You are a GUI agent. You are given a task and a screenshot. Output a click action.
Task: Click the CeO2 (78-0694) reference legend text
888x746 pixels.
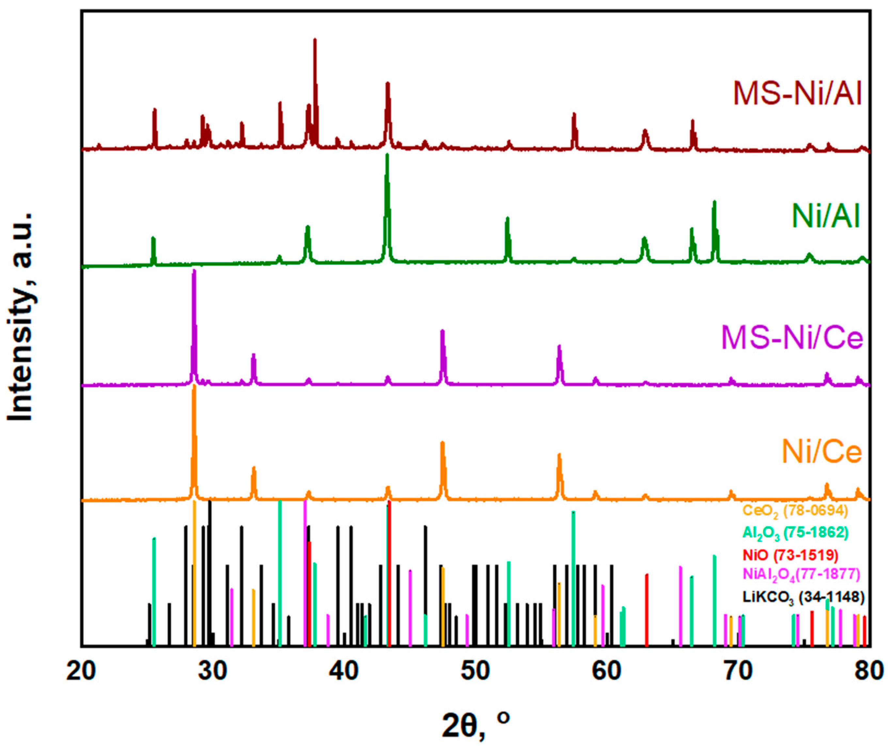point(795,511)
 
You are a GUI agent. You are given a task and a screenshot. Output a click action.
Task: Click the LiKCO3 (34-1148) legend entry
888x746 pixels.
point(803,597)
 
